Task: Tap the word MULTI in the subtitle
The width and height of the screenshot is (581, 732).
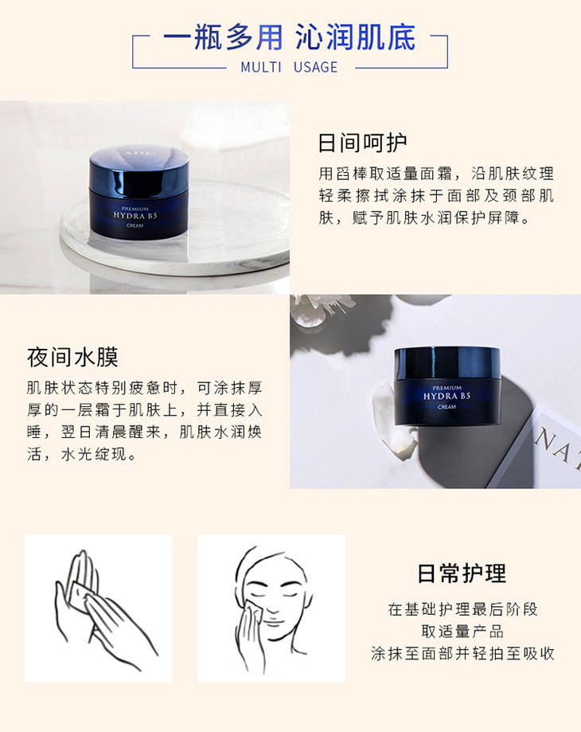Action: [261, 67]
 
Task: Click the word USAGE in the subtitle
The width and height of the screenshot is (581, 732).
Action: [316, 67]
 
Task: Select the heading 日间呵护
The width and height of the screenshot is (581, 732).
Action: [362, 143]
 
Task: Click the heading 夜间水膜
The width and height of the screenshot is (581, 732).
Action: [72, 357]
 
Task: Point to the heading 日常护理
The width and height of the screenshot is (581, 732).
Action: [462, 573]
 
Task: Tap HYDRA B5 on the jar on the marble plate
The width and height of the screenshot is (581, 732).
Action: [135, 216]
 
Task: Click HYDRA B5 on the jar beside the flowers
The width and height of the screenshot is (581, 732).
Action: [446, 397]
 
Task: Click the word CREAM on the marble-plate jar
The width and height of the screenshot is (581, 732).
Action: [135, 225]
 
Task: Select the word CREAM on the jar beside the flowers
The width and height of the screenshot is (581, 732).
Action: [446, 407]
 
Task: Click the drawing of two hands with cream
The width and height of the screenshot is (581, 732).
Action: [98, 609]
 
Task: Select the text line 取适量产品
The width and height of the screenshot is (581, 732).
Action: [462, 632]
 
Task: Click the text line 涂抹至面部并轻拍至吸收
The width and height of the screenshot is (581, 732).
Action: [462, 654]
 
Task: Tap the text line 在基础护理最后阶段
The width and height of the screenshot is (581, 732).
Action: [462, 609]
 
